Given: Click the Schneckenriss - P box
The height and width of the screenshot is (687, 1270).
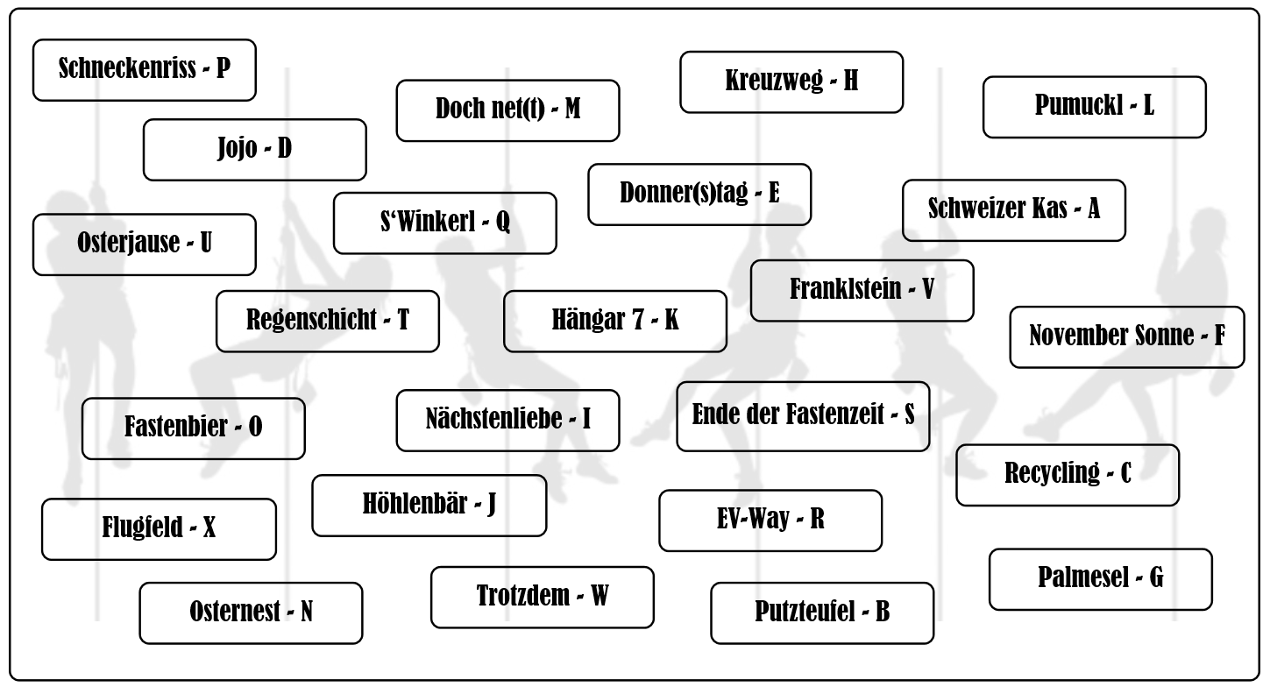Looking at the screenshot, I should (x=145, y=69).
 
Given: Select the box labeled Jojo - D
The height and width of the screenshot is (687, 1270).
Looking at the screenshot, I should (x=254, y=149).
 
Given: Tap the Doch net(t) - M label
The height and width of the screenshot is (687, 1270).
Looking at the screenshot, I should (x=507, y=110).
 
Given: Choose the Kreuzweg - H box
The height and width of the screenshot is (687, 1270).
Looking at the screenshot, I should (x=791, y=81).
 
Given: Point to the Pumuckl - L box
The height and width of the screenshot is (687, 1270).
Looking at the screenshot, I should (x=1094, y=107).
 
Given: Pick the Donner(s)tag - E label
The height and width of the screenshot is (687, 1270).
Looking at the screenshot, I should (x=699, y=194).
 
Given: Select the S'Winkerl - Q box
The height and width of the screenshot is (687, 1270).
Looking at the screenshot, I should (x=444, y=223).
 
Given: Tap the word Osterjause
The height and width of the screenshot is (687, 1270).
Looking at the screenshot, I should (x=126, y=244).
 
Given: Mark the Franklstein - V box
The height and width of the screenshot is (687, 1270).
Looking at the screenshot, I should (x=862, y=290).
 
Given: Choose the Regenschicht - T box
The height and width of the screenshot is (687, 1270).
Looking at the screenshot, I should (x=327, y=321).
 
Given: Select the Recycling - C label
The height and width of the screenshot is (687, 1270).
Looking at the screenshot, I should (x=1067, y=474).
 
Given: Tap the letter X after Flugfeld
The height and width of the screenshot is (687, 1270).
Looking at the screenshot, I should (x=209, y=529).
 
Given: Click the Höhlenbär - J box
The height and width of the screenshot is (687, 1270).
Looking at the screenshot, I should (x=429, y=505).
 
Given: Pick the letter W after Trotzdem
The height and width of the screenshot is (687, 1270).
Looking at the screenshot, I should (x=599, y=597).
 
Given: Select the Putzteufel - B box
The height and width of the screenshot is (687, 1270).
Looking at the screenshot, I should (x=821, y=613).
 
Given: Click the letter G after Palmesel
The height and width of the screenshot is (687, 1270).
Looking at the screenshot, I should (x=1156, y=578).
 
